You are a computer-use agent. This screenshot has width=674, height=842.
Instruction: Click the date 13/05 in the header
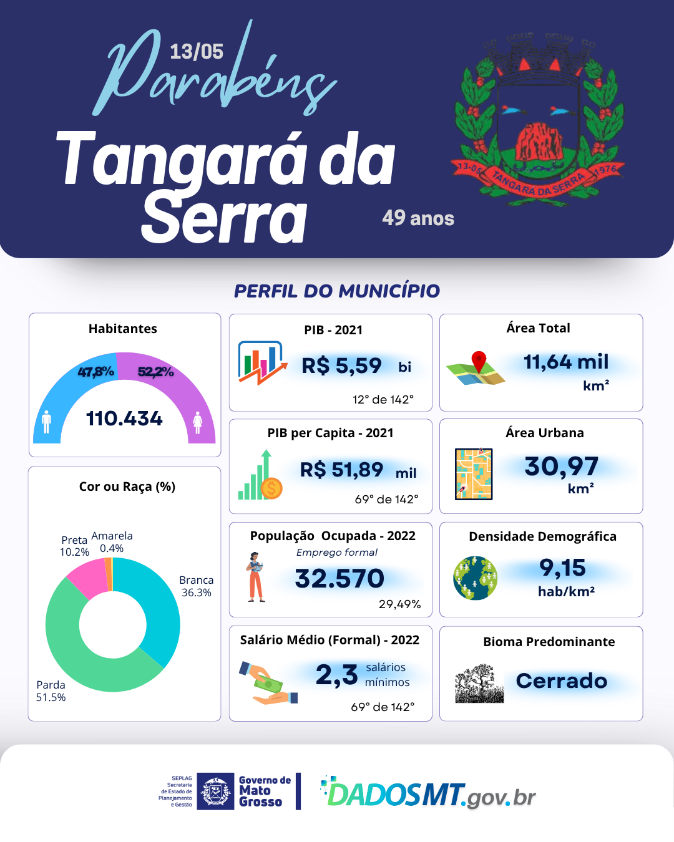(x=196, y=51)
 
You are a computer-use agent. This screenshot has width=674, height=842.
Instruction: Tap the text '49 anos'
(x=418, y=218)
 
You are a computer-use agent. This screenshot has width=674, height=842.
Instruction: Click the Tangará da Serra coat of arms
(x=538, y=119)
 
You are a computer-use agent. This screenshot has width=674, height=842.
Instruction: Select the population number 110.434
(x=124, y=419)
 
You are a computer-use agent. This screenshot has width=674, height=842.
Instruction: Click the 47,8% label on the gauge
(x=95, y=372)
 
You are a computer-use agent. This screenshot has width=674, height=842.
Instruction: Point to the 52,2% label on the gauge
(x=155, y=372)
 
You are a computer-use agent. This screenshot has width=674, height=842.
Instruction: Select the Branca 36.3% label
(x=197, y=586)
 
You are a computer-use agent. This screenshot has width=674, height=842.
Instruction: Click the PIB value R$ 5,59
(x=341, y=365)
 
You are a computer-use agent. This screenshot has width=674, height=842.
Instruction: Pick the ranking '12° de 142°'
(x=383, y=400)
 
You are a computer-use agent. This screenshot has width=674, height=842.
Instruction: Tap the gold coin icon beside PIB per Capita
(x=271, y=488)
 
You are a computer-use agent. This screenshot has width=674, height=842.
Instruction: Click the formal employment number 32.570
(x=339, y=579)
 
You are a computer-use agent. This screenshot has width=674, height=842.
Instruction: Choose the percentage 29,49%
(x=399, y=604)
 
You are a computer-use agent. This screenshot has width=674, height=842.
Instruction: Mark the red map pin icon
(x=479, y=361)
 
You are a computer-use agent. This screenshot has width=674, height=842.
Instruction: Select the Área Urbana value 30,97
(x=561, y=467)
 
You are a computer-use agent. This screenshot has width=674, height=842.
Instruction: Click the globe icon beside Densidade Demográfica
(x=476, y=578)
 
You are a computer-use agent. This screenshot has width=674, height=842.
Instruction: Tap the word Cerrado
(x=562, y=681)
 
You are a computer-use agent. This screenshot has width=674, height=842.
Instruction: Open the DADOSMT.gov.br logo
(x=429, y=794)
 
